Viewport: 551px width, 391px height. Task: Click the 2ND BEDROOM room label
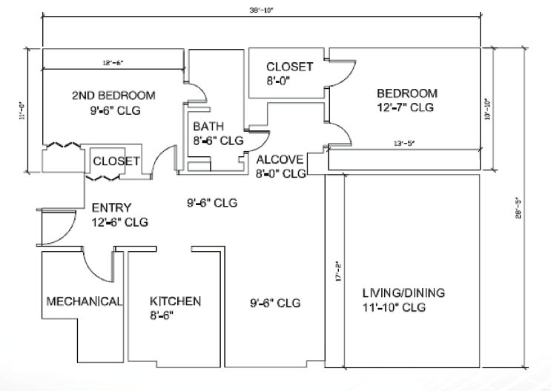tap(113, 96)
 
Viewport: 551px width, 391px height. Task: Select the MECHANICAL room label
tap(84, 301)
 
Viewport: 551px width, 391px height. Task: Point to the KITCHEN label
tap(176, 301)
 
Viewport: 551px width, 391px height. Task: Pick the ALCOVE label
tap(280, 160)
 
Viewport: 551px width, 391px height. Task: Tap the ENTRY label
tap(111, 207)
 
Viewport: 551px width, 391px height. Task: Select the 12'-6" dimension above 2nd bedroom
tap(112, 63)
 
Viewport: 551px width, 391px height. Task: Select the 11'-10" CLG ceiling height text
tap(394, 307)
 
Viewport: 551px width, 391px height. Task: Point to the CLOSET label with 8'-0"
tap(289, 67)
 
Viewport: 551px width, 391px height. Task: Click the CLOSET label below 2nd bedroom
tap(116, 161)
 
